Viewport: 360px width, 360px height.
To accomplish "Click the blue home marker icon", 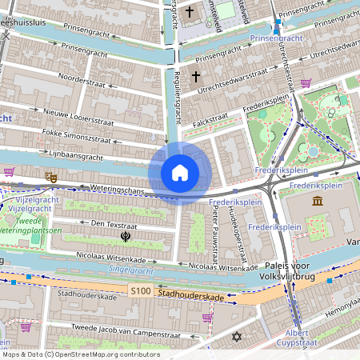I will tap(179, 173).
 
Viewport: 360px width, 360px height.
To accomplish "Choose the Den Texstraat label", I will tap(114, 225).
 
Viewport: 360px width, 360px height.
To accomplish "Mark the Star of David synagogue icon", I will tap(236, 337).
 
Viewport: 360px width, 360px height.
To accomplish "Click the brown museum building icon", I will tap(318, 199).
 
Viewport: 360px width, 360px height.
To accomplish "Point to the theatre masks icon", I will tap(52, 175).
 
